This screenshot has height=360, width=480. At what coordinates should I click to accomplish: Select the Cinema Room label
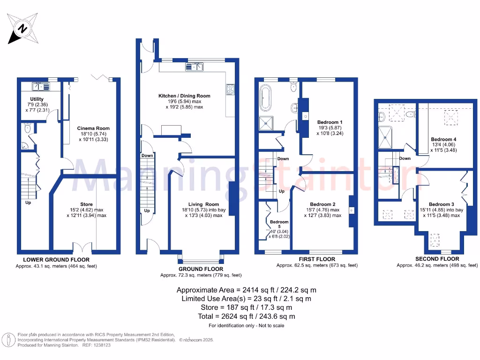93,128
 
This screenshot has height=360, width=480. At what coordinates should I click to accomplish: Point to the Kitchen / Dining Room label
184,96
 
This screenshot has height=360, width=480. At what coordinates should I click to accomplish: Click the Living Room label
203,204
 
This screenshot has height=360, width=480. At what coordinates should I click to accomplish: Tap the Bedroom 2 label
322,204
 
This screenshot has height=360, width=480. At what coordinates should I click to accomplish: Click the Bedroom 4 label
443,139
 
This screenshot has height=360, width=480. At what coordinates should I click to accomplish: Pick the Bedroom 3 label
441,204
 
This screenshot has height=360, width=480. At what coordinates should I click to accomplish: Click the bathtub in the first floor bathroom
265,98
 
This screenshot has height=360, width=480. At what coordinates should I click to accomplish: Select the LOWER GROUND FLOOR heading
56,260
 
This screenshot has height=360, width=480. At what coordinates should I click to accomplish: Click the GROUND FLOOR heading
201,269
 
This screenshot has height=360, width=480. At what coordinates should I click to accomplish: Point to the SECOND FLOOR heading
437,259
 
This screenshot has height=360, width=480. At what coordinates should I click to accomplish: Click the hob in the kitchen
230,89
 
